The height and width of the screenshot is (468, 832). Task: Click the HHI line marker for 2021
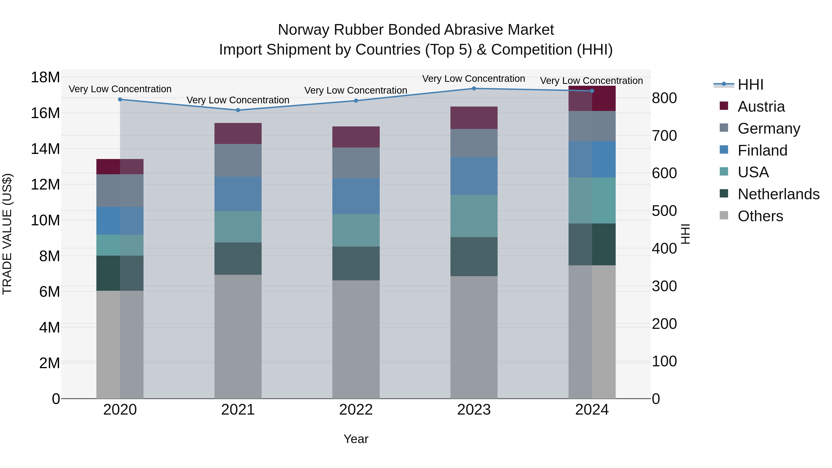238,110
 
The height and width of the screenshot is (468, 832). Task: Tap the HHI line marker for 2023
474,89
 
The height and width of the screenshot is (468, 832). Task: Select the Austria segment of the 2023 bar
474,118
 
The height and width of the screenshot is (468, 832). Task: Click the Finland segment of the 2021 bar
238,194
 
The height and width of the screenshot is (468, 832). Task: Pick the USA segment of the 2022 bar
356,230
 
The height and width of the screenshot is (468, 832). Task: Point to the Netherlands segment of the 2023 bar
474,257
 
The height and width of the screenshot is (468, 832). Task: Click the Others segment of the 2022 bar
356,339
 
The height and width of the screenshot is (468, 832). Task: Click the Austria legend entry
761,107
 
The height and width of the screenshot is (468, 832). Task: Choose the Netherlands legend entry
778,194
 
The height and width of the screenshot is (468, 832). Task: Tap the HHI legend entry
750,85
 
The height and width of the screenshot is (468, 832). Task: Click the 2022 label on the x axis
356,410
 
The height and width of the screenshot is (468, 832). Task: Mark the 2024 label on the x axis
592,410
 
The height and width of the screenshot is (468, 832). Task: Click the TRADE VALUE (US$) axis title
7,234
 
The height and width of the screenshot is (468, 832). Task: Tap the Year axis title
356,439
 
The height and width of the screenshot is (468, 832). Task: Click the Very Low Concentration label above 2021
238,100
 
